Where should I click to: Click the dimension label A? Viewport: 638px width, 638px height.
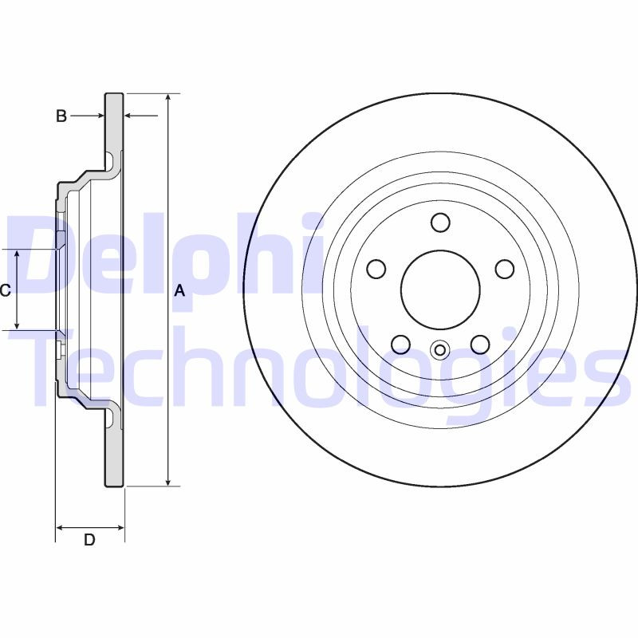[x=179, y=291]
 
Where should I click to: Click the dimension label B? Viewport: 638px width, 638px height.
[x=61, y=116]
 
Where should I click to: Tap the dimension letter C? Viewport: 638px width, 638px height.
[x=5, y=290]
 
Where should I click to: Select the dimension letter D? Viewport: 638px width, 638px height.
[x=89, y=540]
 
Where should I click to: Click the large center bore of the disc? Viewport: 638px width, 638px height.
[x=440, y=289]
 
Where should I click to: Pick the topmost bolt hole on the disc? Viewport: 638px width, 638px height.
[x=440, y=222]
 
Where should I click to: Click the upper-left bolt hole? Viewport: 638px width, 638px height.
[x=376, y=270]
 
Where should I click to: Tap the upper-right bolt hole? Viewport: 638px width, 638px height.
[x=505, y=270]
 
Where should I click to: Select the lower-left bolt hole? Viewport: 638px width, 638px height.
[x=400, y=345]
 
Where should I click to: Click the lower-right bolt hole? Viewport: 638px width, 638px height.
[x=479, y=345]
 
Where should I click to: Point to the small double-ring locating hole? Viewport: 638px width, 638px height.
[x=440, y=349]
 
